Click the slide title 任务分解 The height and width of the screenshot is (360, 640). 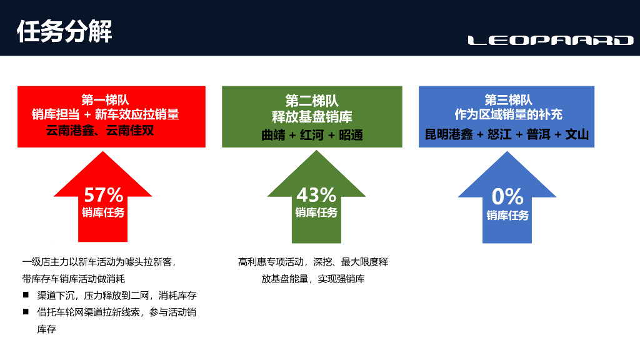coord(64,30)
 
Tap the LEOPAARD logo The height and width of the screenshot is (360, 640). coord(551,41)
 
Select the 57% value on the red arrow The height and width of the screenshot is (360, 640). coord(104,195)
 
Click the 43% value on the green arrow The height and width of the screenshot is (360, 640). coord(316,195)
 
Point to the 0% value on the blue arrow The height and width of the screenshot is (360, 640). coord(507,196)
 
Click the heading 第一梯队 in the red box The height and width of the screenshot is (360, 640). coord(105,100)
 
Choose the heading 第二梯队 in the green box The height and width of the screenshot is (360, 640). coord(312,101)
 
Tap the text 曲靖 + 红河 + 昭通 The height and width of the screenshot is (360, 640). coord(312,134)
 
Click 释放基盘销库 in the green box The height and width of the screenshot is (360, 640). coord(312,117)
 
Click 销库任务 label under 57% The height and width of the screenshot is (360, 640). coord(104,212)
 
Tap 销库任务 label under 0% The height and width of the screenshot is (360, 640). coord(507,216)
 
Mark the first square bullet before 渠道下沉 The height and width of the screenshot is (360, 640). coord(26,294)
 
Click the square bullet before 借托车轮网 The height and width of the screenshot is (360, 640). coord(26,311)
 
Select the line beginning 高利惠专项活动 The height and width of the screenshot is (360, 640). coord(312,262)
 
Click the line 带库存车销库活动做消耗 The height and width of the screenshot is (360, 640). coord(74,279)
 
